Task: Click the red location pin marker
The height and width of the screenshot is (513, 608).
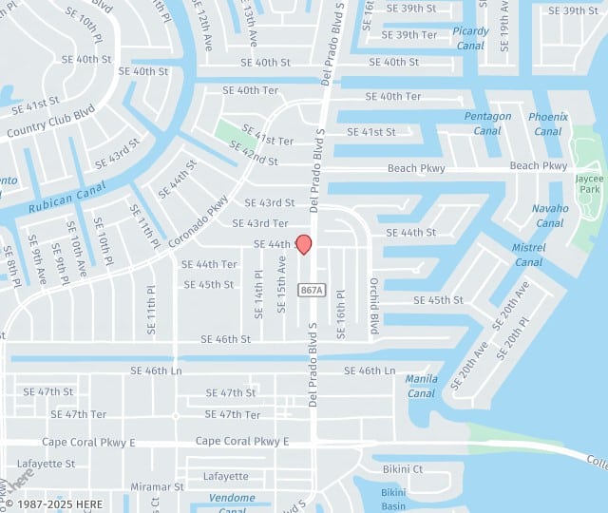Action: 304,244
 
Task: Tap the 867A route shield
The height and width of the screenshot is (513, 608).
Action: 311,290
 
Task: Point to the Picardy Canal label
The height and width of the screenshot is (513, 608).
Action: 471,38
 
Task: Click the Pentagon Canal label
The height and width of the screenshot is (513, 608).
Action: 487,123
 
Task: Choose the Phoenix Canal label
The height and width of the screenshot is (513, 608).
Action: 548,123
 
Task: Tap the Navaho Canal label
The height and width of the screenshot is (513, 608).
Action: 549,216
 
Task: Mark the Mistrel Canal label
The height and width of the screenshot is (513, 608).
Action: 529,255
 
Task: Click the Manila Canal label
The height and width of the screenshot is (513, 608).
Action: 422,386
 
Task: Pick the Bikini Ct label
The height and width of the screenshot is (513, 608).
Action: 403,469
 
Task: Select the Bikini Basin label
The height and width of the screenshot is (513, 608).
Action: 393,499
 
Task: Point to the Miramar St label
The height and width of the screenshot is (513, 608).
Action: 158,486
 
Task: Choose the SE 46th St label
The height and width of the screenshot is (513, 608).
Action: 225,339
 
